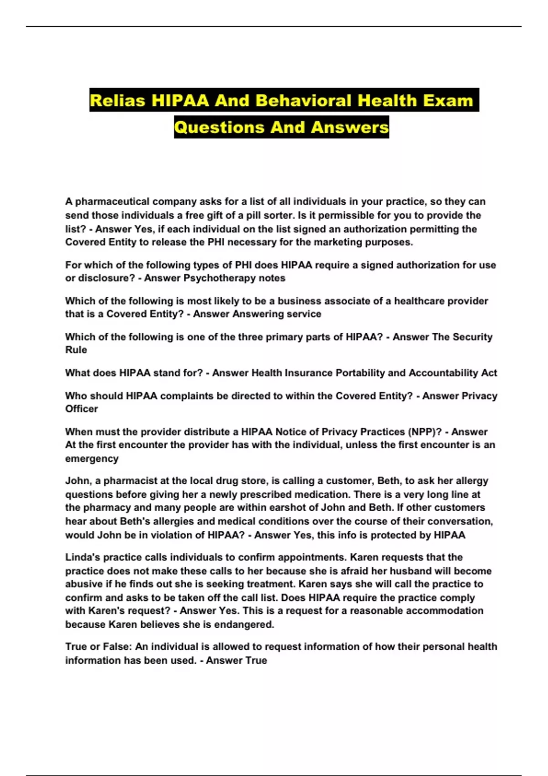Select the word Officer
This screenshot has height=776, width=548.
pyautogui.click(x=82, y=409)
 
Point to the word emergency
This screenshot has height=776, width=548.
pyautogui.click(x=92, y=459)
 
